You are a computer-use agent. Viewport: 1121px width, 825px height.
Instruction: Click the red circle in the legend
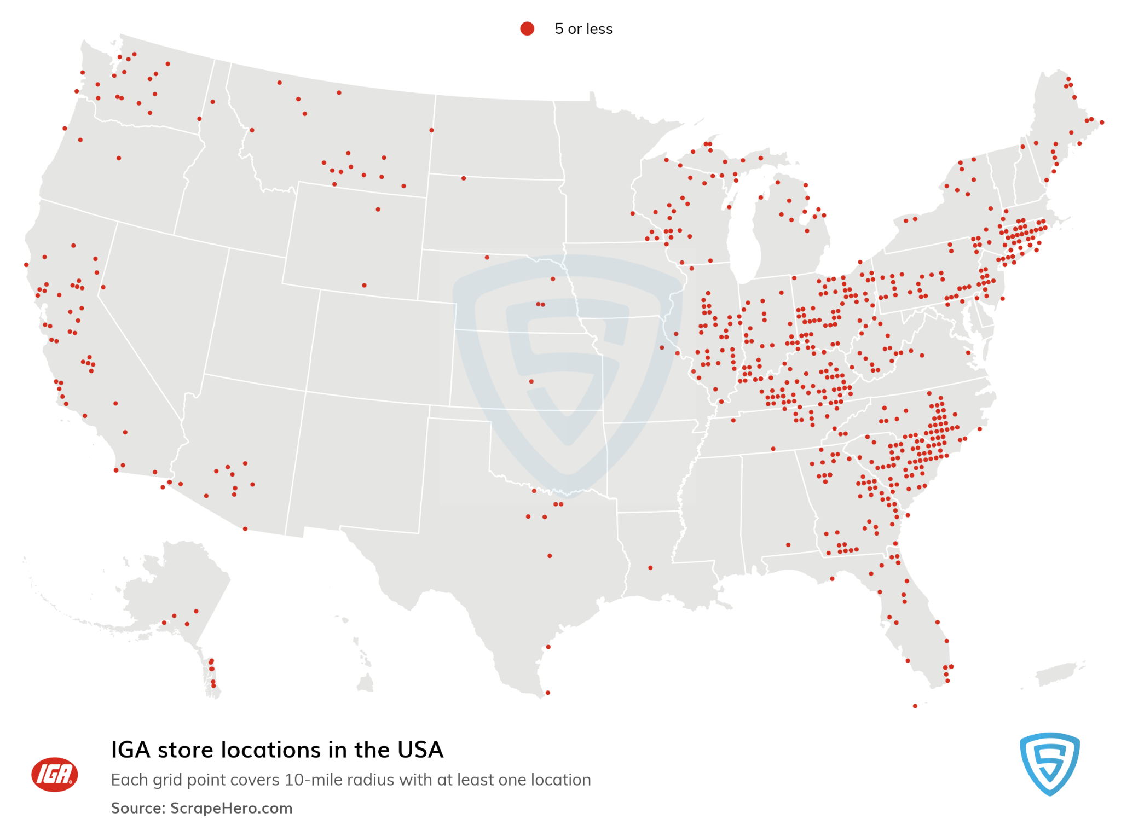point(527,28)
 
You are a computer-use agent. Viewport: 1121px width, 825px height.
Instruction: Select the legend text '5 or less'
point(583,29)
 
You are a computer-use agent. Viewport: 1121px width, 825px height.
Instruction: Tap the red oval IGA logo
point(54,774)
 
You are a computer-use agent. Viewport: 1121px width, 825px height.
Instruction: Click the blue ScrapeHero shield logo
point(1049,763)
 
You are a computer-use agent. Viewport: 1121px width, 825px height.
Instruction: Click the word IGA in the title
point(131,750)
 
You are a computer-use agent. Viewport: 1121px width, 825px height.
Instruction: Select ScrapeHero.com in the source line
point(231,808)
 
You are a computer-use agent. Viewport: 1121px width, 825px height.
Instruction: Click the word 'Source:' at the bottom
point(138,808)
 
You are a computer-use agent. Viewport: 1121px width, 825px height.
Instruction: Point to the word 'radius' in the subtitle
point(362,780)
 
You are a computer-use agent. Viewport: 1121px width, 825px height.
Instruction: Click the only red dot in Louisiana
point(650,568)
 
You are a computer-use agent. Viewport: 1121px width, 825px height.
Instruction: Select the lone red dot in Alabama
point(788,545)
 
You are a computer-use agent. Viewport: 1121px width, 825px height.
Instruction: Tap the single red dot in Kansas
point(531,381)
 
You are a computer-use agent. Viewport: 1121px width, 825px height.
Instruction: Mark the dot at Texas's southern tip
point(547,693)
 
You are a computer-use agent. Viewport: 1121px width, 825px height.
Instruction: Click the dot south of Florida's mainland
point(915,706)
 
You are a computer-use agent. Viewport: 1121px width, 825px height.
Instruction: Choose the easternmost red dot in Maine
point(1102,123)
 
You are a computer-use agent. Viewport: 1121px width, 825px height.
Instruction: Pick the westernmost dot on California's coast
point(26,265)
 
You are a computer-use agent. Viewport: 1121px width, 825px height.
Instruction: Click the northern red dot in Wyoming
point(378,210)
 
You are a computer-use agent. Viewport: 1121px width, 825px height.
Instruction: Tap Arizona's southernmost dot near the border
point(245,528)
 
